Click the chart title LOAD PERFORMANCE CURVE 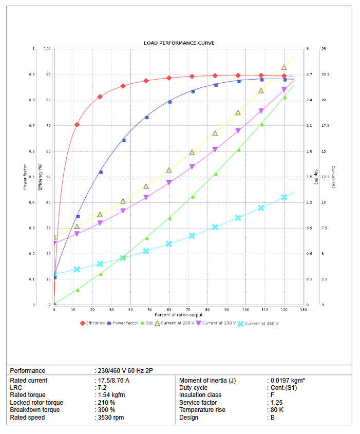tap(179, 43)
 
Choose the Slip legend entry tap(149, 323)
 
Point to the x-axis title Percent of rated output tap(179, 314)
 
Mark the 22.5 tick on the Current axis tap(326, 74)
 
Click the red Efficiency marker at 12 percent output tap(77, 125)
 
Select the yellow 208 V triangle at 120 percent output tap(284, 67)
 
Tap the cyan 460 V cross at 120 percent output tap(284, 197)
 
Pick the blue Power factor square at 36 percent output tap(123, 140)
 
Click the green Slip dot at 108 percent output tap(261, 125)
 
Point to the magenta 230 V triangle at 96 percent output tap(238, 131)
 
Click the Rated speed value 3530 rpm tap(111, 418)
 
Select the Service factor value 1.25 tap(277, 403)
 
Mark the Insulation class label tap(200, 395)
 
